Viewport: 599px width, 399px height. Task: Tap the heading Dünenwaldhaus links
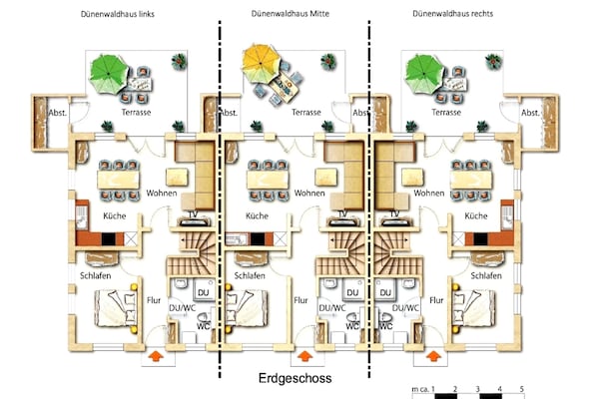(x=118, y=14)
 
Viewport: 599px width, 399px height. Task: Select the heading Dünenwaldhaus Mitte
(x=291, y=14)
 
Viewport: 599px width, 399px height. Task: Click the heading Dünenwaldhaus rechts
(x=452, y=14)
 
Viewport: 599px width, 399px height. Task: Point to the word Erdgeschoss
(x=295, y=378)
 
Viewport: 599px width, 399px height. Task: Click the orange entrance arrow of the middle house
(x=304, y=356)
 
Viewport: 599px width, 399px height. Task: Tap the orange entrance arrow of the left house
(x=156, y=356)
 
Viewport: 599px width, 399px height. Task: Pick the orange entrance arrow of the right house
(x=433, y=356)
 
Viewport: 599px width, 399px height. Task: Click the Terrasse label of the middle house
(x=306, y=113)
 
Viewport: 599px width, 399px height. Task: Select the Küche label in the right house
(x=476, y=215)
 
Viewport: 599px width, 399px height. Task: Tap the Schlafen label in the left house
(x=96, y=275)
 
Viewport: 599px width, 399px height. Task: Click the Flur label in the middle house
(x=300, y=300)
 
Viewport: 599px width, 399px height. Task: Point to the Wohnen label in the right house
(x=429, y=194)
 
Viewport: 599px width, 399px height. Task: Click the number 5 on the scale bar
(x=521, y=389)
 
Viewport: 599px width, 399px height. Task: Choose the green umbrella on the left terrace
(x=109, y=74)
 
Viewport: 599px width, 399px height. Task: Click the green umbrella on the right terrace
(x=424, y=74)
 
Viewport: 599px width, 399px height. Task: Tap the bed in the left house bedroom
(x=116, y=308)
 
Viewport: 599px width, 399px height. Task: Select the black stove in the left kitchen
(x=109, y=239)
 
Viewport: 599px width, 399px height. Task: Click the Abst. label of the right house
(x=530, y=113)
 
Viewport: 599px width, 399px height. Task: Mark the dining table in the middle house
(x=268, y=180)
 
